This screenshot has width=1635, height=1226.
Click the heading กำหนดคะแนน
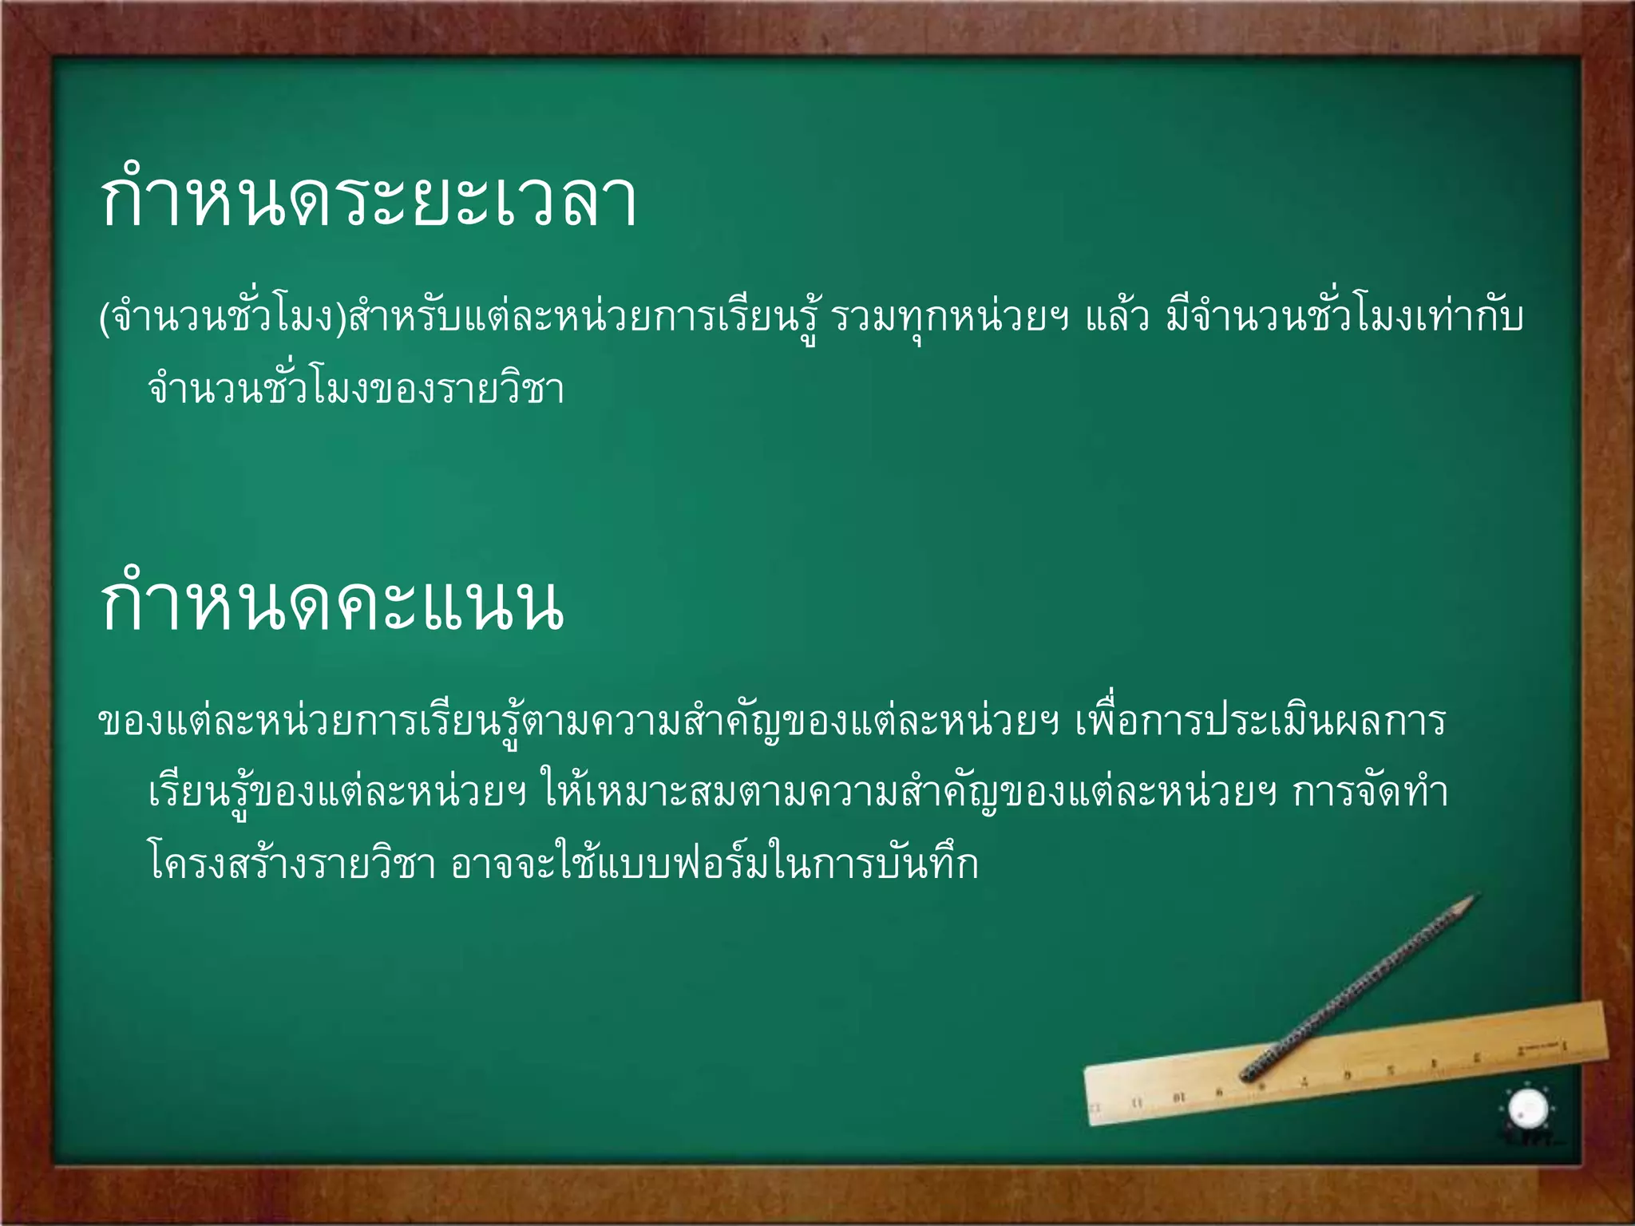tap(331, 604)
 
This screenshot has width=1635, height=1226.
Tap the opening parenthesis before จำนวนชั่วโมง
tap(104, 318)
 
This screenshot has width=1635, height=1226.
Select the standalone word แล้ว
tap(1117, 318)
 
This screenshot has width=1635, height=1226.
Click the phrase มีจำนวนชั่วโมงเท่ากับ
tap(1344, 318)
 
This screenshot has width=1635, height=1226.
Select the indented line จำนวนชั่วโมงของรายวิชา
tap(356, 390)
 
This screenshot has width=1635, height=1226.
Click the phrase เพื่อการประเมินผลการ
tap(1261, 721)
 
